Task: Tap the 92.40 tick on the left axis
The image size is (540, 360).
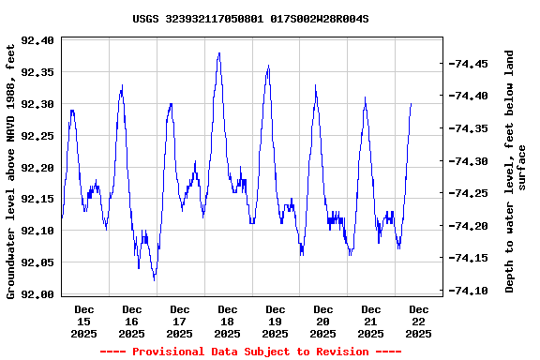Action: click(37, 40)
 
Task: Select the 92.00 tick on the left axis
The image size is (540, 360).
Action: click(37, 294)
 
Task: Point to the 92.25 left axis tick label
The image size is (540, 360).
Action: click(37, 136)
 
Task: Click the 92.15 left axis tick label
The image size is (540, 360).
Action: click(37, 199)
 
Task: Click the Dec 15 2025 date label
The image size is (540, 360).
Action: click(84, 321)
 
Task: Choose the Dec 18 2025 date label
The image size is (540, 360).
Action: click(228, 321)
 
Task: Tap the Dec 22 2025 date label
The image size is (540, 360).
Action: click(419, 321)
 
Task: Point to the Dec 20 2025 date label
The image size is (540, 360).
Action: click(323, 321)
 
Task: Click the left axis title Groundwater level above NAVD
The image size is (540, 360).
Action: click(11, 168)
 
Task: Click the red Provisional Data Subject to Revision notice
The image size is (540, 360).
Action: click(250, 352)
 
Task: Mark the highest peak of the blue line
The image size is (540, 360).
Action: click(218, 53)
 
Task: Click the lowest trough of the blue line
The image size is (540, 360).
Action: click(155, 279)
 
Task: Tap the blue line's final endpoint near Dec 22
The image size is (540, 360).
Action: click(411, 103)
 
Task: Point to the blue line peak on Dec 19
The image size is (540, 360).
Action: click(268, 66)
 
